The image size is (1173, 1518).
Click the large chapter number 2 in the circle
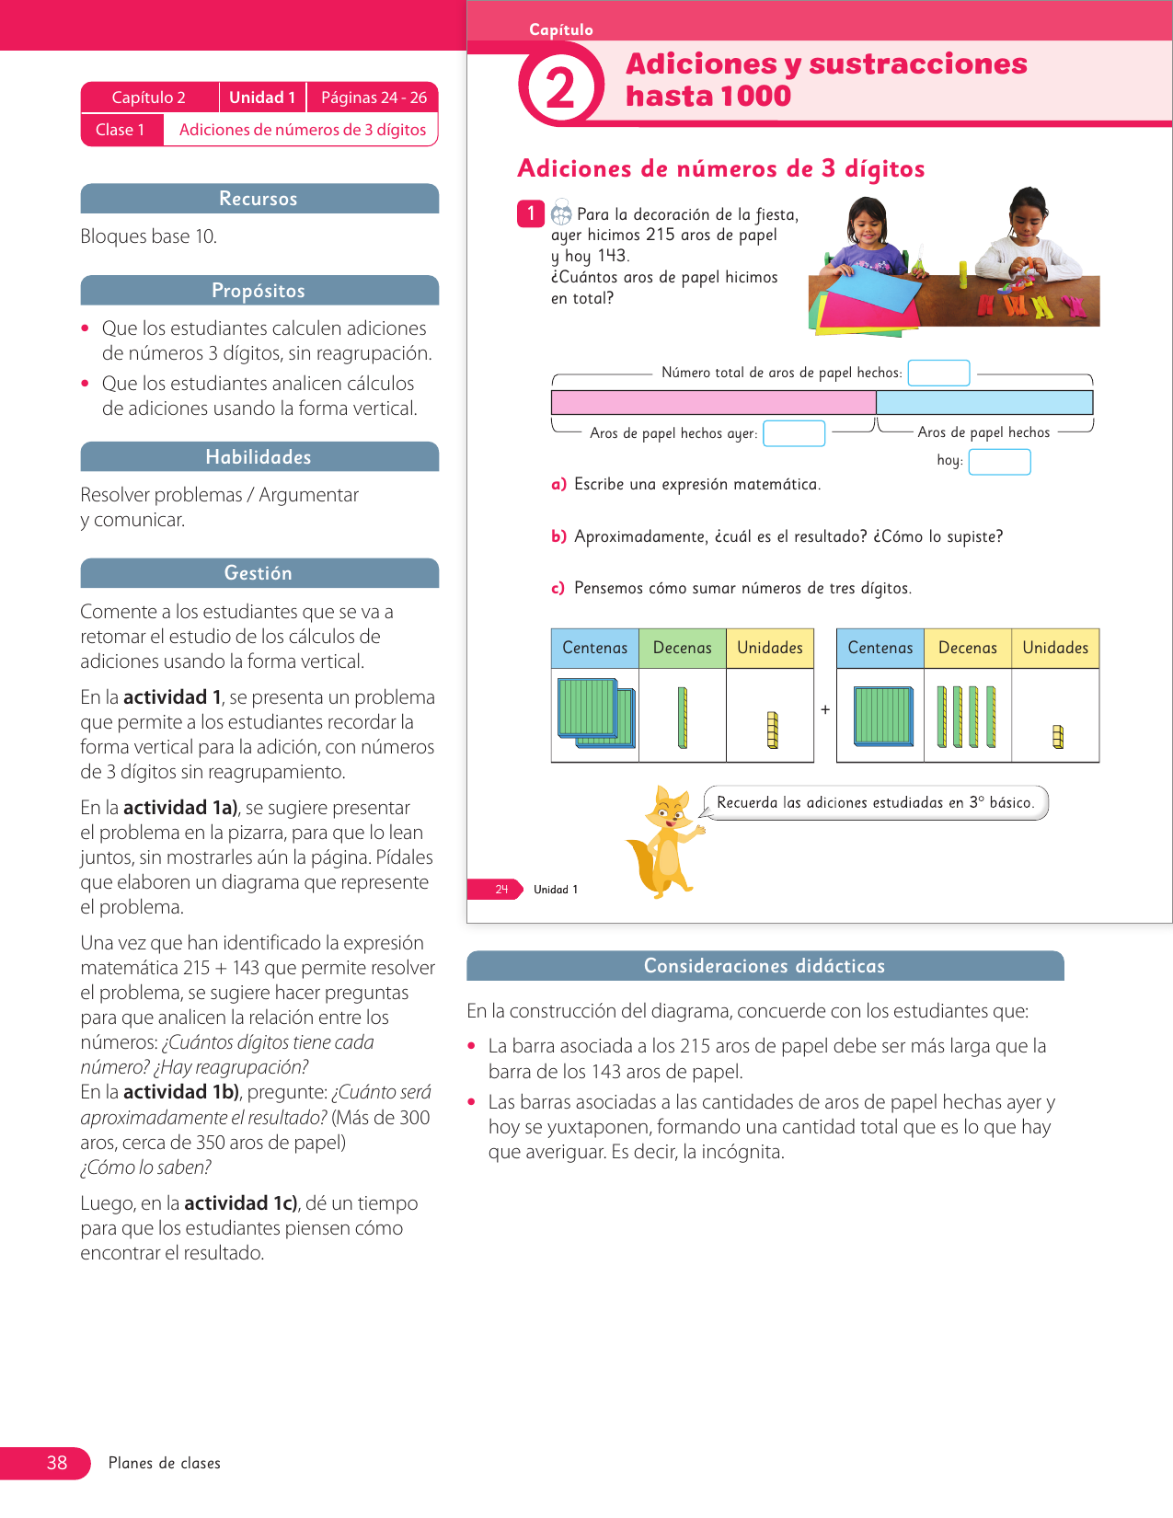[560, 89]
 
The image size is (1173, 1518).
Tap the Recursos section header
[259, 199]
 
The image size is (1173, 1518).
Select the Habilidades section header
[259, 457]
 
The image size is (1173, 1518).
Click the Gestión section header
[259, 573]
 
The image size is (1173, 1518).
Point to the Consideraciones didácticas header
[765, 966]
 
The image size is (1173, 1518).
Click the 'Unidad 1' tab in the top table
[262, 98]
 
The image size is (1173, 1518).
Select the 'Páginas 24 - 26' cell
[374, 98]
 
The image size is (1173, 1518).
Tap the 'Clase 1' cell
[121, 130]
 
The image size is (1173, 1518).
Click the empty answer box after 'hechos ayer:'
[794, 433]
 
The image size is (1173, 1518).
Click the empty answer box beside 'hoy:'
[999, 462]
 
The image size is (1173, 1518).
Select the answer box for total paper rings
[938, 373]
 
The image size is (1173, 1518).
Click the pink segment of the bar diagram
[713, 403]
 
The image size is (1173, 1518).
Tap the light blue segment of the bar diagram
[984, 403]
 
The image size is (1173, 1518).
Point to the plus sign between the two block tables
[825, 709]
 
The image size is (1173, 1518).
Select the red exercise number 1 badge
[531, 213]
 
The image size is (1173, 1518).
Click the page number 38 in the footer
[57, 1463]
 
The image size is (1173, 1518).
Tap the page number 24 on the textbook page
[501, 890]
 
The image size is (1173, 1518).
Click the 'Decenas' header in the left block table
[682, 648]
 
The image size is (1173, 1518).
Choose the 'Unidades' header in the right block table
[1055, 648]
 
